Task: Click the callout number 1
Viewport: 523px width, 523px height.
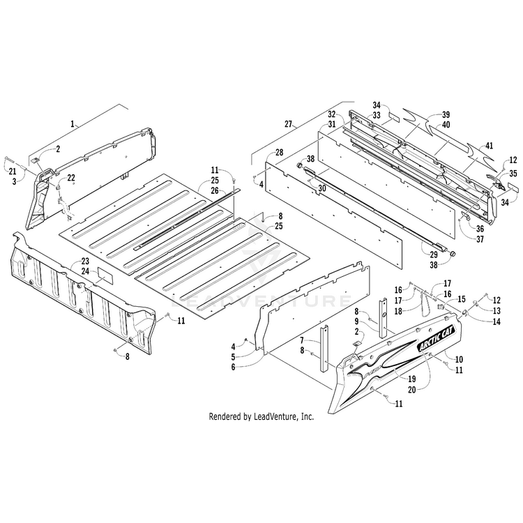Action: [x=72, y=123]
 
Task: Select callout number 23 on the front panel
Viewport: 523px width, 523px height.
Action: [x=84, y=262]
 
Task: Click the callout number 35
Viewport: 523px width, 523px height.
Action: [x=513, y=173]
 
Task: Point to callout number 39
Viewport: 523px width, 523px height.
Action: [x=446, y=114]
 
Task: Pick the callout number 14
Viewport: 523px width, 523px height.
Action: [x=496, y=321]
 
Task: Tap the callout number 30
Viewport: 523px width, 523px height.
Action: [x=321, y=188]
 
